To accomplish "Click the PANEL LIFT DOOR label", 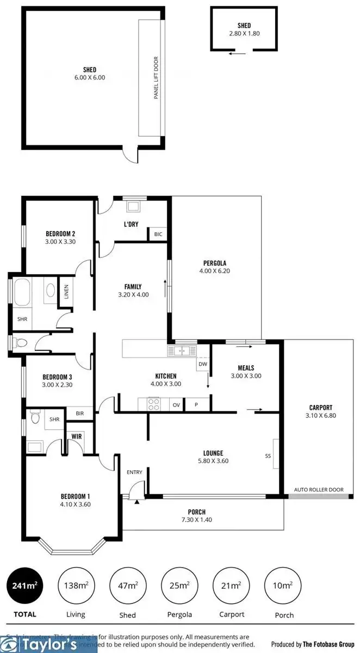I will pyautogui.click(x=156, y=78).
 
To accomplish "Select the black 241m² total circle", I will pyautogui.click(x=25, y=586).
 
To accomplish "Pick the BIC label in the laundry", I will pyautogui.click(x=158, y=235).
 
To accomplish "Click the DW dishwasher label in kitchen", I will pyautogui.click(x=203, y=364).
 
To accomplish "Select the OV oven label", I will pyautogui.click(x=176, y=405).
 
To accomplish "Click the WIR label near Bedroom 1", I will pyautogui.click(x=77, y=436).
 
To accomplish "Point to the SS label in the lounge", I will pyautogui.click(x=268, y=456).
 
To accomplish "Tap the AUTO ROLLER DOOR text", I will pyautogui.click(x=319, y=490).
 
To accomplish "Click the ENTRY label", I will pyautogui.click(x=134, y=472).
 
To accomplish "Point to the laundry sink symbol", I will pyautogui.click(x=132, y=206).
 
